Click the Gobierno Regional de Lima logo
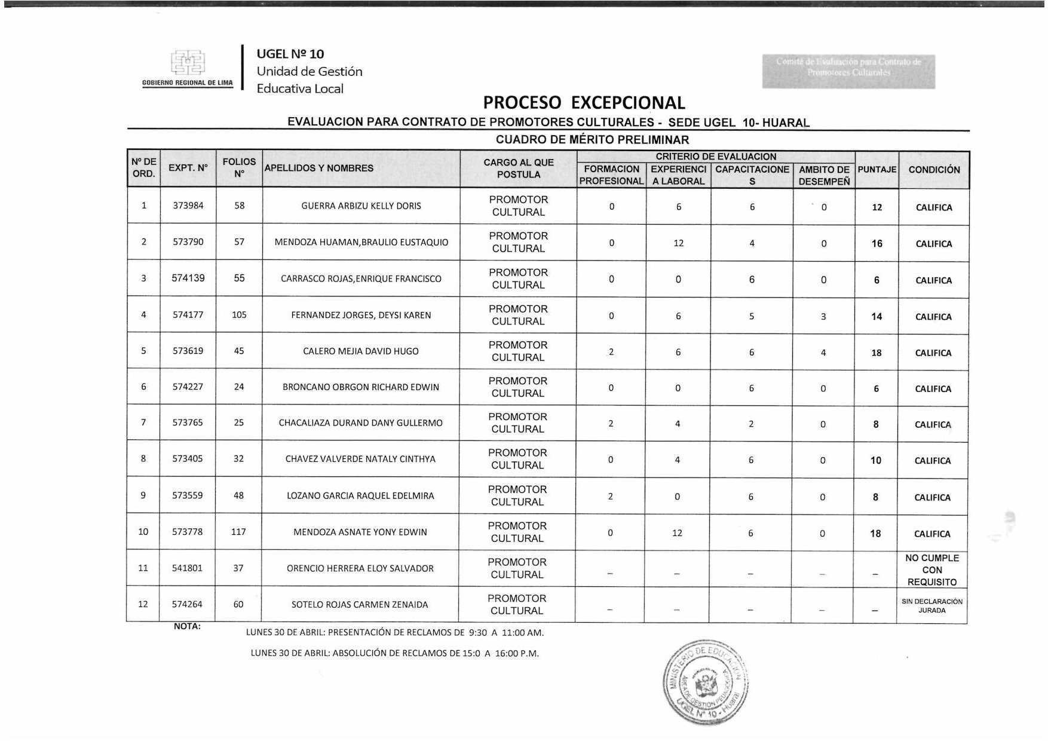(188, 66)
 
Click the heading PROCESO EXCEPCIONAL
(584, 103)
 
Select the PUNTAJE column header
(877, 170)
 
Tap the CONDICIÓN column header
(934, 170)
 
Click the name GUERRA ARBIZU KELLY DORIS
(361, 206)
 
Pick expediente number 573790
(188, 242)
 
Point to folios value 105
(239, 315)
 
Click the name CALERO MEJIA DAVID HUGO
(361, 351)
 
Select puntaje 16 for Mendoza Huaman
(877, 244)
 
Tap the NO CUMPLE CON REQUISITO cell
(932, 570)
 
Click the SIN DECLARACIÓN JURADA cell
(932, 606)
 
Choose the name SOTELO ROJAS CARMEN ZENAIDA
(360, 605)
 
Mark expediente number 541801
(187, 568)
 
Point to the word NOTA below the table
(187, 626)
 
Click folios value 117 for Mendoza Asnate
(238, 532)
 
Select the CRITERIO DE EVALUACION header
(716, 157)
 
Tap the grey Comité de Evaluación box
(848, 72)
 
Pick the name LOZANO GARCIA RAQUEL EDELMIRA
(360, 496)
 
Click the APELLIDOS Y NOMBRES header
(319, 169)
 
